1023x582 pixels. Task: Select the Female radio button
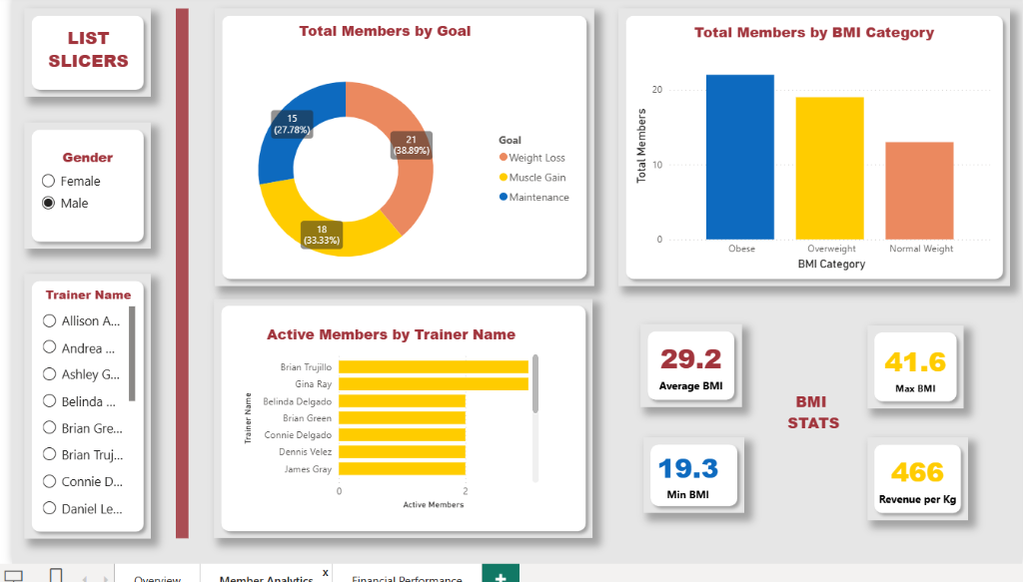click(x=48, y=181)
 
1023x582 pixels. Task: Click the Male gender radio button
click(x=48, y=203)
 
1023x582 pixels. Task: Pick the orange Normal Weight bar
click(x=919, y=190)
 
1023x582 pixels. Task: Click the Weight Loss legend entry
click(x=536, y=158)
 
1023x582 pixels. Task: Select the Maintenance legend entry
click(x=538, y=198)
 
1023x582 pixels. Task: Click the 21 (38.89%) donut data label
click(x=411, y=145)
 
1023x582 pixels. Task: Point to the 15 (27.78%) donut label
click(x=292, y=124)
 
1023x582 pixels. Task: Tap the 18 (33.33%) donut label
click(x=322, y=235)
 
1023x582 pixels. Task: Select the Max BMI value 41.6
click(x=915, y=361)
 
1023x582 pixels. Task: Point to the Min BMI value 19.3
click(x=689, y=467)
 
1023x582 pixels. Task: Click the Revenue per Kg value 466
click(x=917, y=471)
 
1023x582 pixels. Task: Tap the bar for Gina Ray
click(x=433, y=383)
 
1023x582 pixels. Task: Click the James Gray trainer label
click(x=308, y=469)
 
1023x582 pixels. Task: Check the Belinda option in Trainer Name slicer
click(x=49, y=401)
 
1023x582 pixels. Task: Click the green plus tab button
click(x=501, y=576)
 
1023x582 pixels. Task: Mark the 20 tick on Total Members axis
click(x=656, y=90)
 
